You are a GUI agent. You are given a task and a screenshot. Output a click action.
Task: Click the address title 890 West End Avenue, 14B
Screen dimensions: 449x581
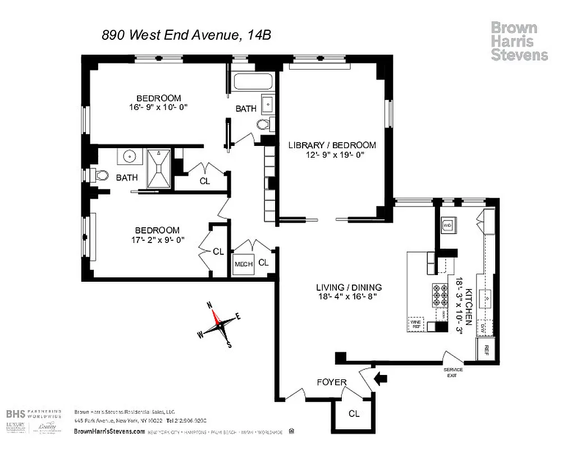pos(186,35)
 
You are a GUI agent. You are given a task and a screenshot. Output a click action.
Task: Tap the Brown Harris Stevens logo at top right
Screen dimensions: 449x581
pos(519,41)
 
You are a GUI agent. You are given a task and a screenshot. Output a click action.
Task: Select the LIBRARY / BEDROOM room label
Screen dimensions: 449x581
pos(332,145)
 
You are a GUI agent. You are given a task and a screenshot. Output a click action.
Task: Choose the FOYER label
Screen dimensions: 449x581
pos(332,383)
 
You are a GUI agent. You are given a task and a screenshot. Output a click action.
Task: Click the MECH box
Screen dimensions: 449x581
pos(243,264)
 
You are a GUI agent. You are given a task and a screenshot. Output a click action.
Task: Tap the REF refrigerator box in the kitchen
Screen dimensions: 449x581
pos(484,349)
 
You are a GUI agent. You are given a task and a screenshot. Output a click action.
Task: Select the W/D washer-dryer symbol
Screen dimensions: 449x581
pos(448,224)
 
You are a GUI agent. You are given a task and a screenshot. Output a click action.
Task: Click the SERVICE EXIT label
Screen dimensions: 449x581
pos(453,372)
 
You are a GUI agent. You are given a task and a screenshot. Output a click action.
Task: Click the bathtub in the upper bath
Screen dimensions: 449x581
pos(253,83)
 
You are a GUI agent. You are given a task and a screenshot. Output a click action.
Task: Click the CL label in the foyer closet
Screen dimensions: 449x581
pos(354,414)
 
